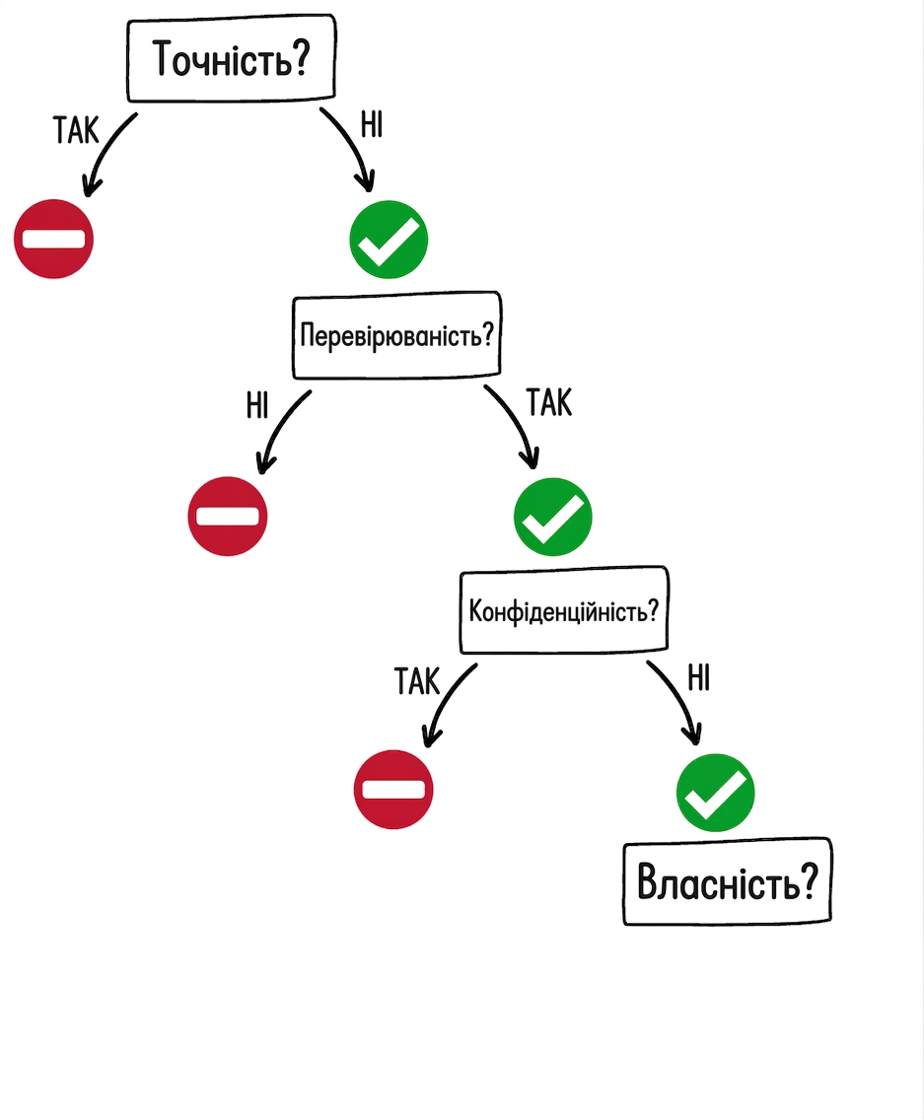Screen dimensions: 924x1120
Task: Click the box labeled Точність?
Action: coord(231,58)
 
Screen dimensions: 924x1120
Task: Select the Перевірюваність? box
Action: coord(396,334)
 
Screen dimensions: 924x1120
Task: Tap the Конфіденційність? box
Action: coord(564,610)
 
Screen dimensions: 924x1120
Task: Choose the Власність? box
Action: coord(728,881)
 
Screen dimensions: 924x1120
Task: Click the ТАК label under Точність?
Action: coord(76,131)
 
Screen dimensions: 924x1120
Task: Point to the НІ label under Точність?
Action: coord(372,124)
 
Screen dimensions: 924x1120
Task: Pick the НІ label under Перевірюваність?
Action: coord(257,406)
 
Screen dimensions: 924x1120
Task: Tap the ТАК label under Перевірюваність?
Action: coord(549,402)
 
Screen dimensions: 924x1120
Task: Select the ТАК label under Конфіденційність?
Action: coord(417,680)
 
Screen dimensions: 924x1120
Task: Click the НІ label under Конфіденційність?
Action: coord(699,677)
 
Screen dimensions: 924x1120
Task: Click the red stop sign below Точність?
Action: coord(53,239)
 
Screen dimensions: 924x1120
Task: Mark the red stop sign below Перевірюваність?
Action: coord(227,516)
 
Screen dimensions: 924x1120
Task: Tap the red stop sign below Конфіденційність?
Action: coord(393,790)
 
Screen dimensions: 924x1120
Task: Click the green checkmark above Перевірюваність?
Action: coord(389,240)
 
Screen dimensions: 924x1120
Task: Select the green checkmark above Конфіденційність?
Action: coord(553,518)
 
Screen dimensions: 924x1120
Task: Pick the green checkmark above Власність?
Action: coord(715,793)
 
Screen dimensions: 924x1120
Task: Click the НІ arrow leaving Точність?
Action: coord(354,144)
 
